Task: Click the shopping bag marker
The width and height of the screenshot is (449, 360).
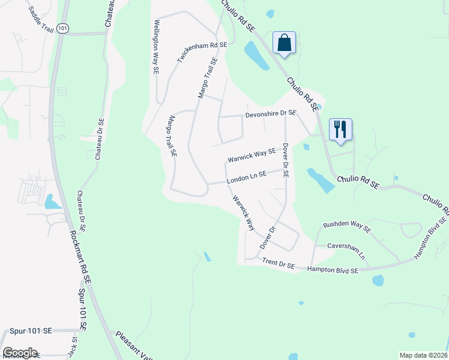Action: pyautogui.click(x=284, y=43)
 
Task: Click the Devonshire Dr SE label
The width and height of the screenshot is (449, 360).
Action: pyautogui.click(x=271, y=113)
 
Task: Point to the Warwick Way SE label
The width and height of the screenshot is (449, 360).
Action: pyautogui.click(x=252, y=156)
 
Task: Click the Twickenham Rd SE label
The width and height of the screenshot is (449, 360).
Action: pyautogui.click(x=202, y=53)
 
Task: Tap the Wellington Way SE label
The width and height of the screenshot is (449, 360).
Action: pyautogui.click(x=155, y=46)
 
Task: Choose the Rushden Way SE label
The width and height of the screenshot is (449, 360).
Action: pyautogui.click(x=347, y=227)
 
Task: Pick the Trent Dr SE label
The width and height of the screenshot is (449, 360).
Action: pyautogui.click(x=279, y=263)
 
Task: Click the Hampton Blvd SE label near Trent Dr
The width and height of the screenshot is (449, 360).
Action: pyautogui.click(x=333, y=271)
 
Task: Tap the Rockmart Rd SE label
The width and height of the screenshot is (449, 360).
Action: pyautogui.click(x=80, y=257)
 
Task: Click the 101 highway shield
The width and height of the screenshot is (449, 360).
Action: pyautogui.click(x=62, y=28)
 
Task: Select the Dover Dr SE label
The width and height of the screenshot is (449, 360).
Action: pyautogui.click(x=286, y=160)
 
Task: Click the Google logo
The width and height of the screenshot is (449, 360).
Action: pyautogui.click(x=20, y=353)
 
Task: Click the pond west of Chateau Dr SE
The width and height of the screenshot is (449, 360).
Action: pyautogui.click(x=52, y=202)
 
